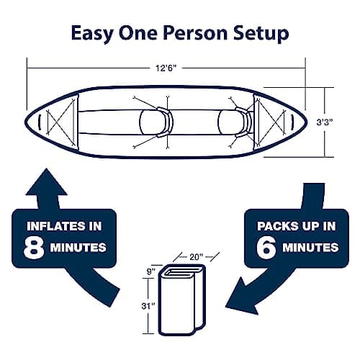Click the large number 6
[x=266, y=246]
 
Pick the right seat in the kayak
[x=241, y=120]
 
